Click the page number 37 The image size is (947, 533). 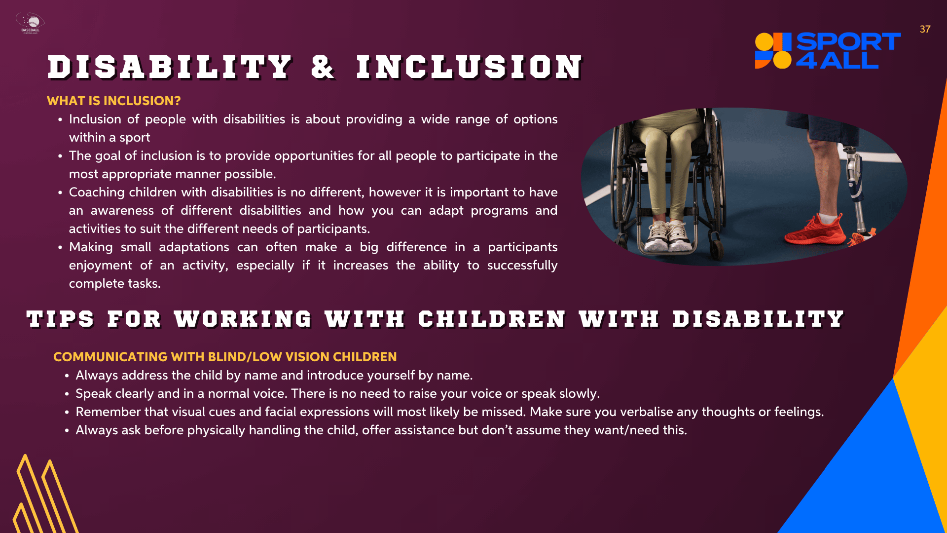point(925,29)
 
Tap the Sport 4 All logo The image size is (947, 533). point(828,50)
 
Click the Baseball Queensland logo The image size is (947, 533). point(30,23)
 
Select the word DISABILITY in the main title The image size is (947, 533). point(170,67)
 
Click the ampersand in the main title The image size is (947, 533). point(324,67)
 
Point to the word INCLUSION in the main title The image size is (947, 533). point(470,67)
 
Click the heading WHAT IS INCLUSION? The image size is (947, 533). point(114,101)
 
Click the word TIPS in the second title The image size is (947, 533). point(60,319)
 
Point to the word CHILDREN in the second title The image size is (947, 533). point(492,319)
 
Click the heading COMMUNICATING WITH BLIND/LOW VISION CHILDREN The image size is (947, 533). point(225,357)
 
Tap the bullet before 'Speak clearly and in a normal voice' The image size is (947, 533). point(67,394)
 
